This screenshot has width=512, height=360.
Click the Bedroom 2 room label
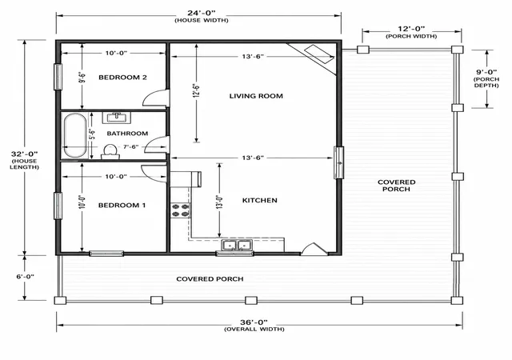coord(122,78)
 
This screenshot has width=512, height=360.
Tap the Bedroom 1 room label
coord(122,205)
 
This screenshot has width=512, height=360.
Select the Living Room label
coord(256,96)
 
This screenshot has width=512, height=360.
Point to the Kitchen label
coord(259,200)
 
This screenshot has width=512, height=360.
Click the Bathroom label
coord(127,134)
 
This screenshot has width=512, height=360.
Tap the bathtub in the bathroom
coord(75,135)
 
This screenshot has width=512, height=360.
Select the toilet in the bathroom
coord(110,152)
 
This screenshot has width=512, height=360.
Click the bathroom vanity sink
coord(117,118)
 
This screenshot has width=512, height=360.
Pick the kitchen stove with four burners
coord(181,210)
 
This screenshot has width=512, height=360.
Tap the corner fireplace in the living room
coord(314,58)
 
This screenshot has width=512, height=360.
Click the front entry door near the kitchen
coord(314,249)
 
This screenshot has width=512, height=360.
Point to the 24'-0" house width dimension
coord(202,13)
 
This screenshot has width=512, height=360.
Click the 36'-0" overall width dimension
coord(254,322)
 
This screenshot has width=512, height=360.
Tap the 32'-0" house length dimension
coord(25,154)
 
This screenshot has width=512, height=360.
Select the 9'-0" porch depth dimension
coord(486,72)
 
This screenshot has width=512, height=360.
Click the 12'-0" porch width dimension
coord(411,29)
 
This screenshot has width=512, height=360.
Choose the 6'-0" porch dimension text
coord(26,277)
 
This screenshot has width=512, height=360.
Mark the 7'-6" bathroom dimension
coord(130,146)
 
